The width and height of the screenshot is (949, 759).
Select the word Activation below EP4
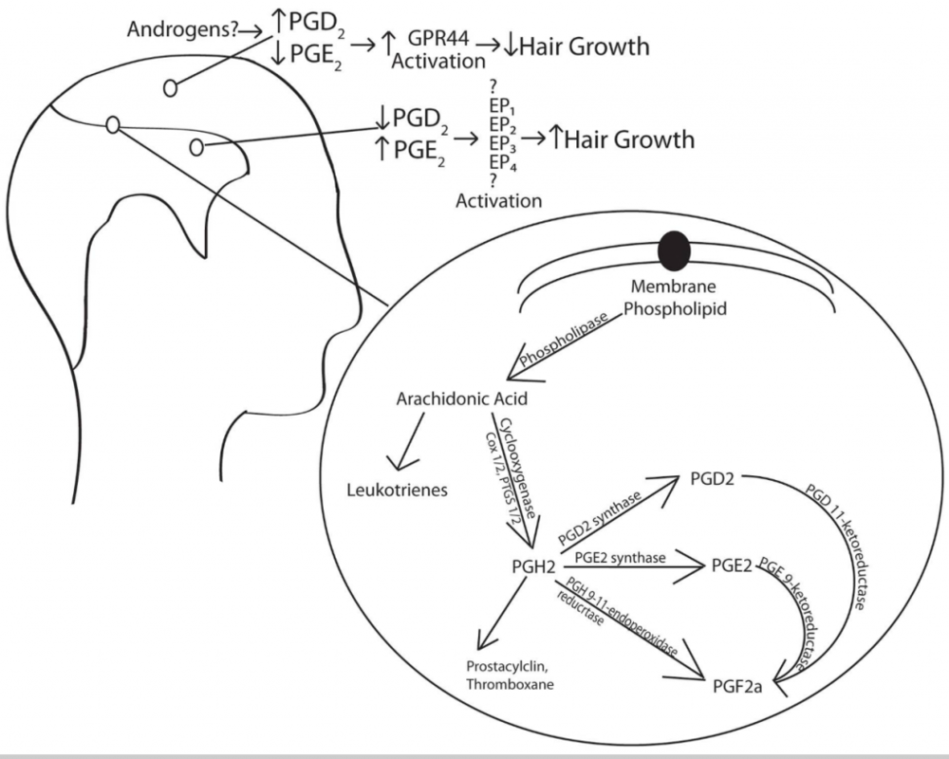499,201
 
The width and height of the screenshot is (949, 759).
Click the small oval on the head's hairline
112,124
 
